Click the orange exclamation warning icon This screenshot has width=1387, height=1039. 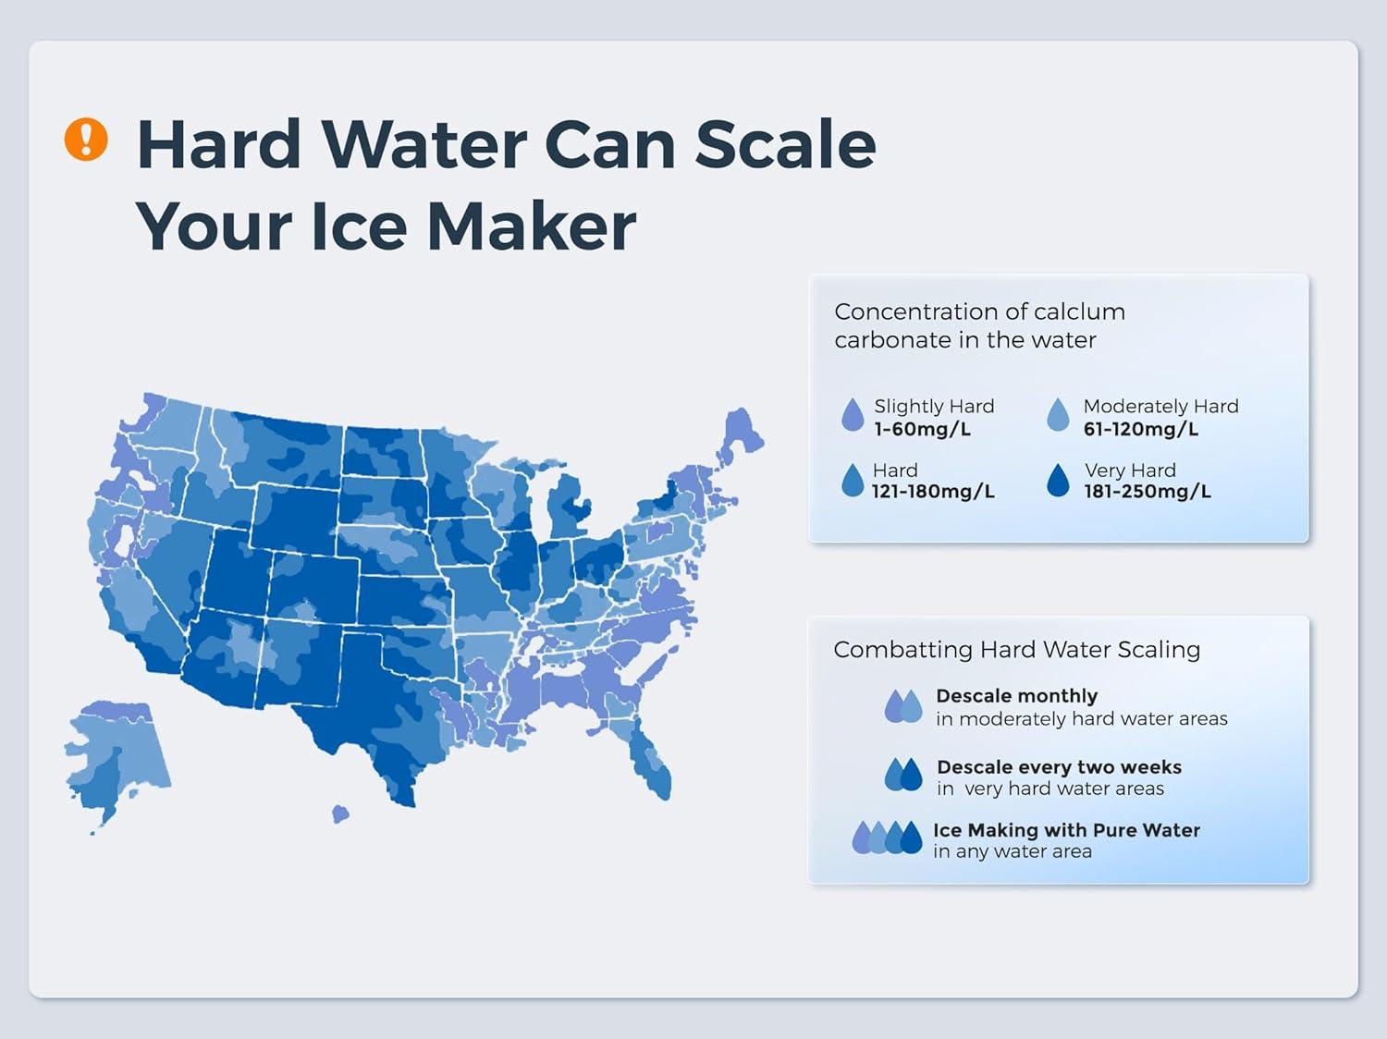(86, 139)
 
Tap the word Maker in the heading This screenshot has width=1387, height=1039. (532, 226)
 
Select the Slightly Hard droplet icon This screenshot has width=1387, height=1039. (853, 414)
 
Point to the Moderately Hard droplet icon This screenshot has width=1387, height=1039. (1058, 414)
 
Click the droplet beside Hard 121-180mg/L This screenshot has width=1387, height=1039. (853, 480)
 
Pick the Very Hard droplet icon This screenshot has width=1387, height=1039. (1058, 480)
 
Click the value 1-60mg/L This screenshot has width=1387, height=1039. (922, 430)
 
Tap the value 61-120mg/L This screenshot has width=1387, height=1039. (1140, 430)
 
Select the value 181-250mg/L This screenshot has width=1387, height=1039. (1148, 492)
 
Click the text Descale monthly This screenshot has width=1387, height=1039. (1017, 695)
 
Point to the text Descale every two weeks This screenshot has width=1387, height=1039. (1059, 767)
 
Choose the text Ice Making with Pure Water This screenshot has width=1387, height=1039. (1067, 830)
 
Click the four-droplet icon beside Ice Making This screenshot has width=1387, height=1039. (887, 837)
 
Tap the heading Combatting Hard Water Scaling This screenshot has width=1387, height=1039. (1017, 649)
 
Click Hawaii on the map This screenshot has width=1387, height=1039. (340, 813)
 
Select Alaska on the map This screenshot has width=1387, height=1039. (117, 758)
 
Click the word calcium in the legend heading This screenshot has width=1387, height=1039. (1079, 312)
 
